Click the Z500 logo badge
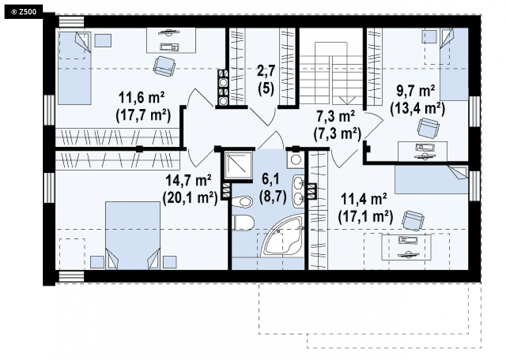[23, 12]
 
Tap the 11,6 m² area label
[142, 97]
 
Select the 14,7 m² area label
[189, 181]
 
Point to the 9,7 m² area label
[416, 91]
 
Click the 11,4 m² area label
[363, 199]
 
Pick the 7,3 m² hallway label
[336, 116]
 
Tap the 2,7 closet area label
[266, 71]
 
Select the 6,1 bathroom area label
[271, 179]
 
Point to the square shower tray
[239, 165]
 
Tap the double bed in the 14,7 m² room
[133, 235]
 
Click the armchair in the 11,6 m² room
[164, 66]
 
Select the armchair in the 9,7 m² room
[428, 128]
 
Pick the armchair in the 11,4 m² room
[413, 221]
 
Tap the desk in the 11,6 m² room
[171, 40]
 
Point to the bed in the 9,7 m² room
[454, 64]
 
